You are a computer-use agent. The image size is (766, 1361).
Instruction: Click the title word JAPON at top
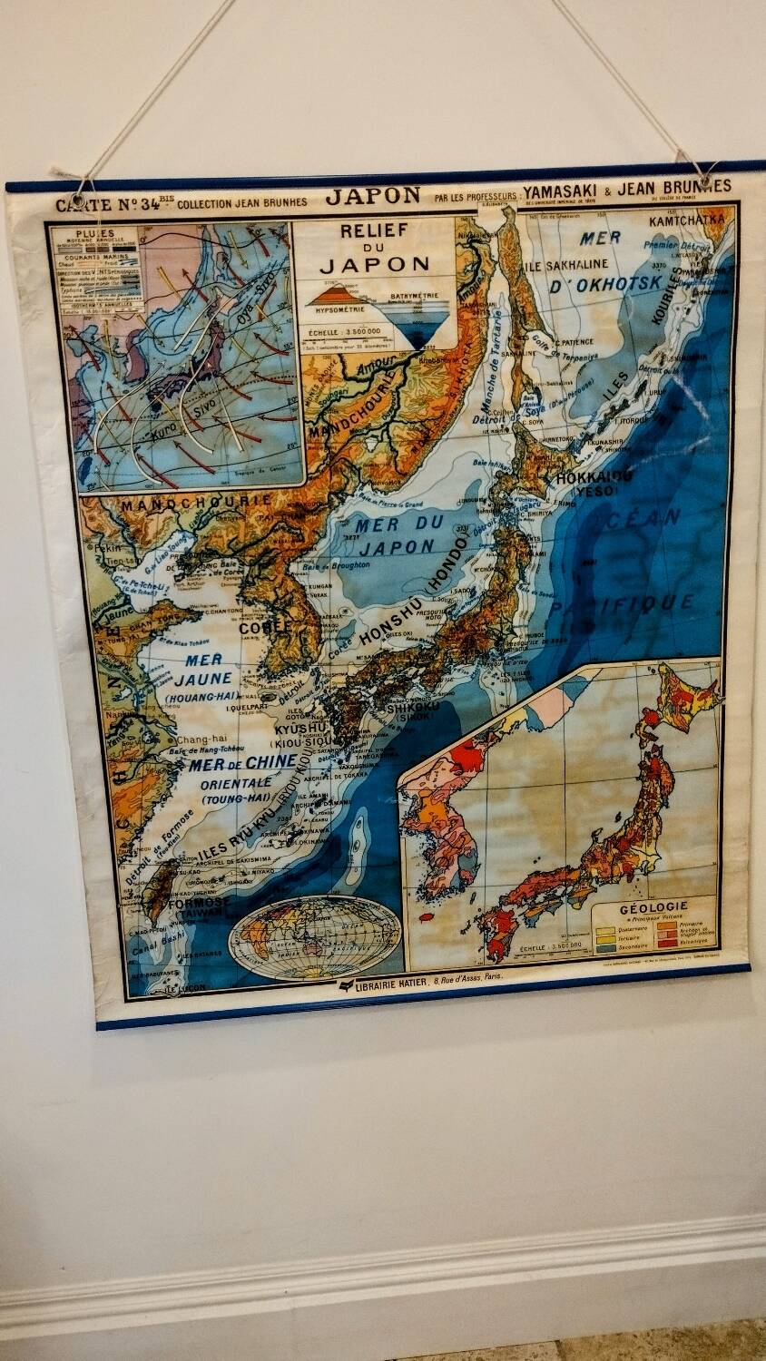click(x=373, y=196)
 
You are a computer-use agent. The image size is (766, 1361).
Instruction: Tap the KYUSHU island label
click(x=300, y=729)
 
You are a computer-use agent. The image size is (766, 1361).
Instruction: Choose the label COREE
click(x=265, y=626)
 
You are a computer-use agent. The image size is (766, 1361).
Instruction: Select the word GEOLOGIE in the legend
click(x=653, y=906)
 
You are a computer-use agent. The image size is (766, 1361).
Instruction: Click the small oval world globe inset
click(x=313, y=936)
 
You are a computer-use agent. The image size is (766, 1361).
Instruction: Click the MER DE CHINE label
click(x=243, y=763)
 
